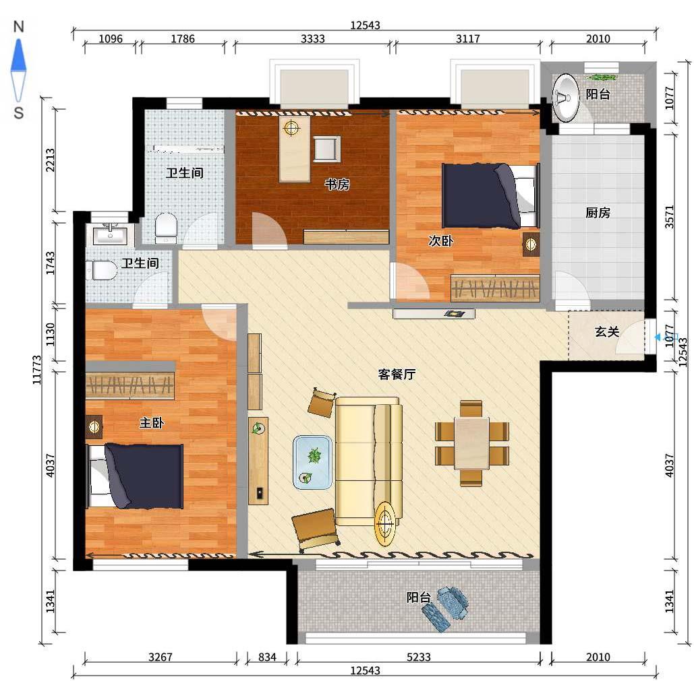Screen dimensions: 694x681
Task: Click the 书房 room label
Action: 337,184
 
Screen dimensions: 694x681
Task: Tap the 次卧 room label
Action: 441,241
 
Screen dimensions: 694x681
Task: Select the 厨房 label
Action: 598,213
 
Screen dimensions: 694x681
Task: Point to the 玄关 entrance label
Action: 606,331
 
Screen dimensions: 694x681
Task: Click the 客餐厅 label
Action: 397,375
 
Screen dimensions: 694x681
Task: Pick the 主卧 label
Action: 152,423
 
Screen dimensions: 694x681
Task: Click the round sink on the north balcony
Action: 565,98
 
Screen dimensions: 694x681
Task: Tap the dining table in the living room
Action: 472,443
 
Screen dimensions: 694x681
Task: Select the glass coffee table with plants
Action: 312,462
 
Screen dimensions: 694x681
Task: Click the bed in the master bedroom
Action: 135,476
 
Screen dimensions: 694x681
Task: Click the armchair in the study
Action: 326,148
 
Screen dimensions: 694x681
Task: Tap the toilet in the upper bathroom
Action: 166,228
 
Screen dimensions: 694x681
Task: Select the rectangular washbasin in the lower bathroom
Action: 110,234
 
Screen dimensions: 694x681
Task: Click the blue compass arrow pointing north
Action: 19,55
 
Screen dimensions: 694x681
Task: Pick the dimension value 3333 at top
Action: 312,39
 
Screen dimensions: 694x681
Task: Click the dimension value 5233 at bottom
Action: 418,657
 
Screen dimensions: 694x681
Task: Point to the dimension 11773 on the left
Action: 38,370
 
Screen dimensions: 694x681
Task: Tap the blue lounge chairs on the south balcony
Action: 445,608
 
